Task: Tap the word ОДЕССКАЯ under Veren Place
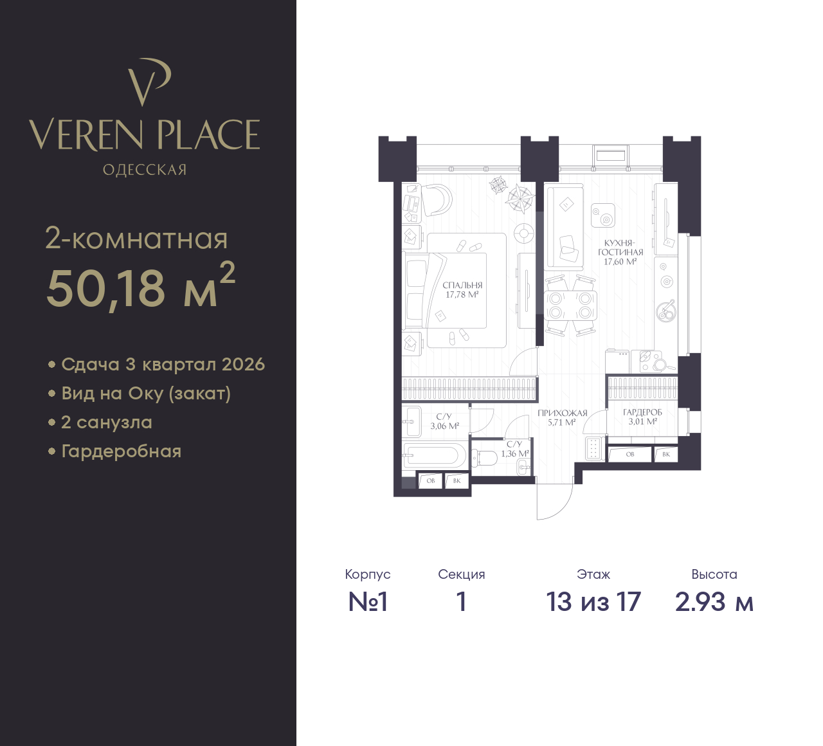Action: click(x=145, y=170)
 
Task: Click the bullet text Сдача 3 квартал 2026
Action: click(x=163, y=365)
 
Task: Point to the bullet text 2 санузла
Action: click(x=107, y=423)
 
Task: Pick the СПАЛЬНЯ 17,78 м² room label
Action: click(x=462, y=289)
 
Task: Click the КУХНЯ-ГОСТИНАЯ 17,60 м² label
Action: click(x=620, y=252)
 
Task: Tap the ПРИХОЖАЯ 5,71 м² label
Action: click(x=562, y=417)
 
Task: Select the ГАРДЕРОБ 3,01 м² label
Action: click(x=642, y=417)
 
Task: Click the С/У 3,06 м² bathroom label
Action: click(x=444, y=421)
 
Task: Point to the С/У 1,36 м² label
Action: click(x=514, y=449)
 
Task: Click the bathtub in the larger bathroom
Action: click(x=435, y=455)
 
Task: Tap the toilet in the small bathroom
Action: click(x=484, y=457)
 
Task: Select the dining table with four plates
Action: click(x=570, y=305)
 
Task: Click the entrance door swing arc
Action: click(x=562, y=507)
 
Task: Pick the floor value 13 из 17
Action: click(x=593, y=602)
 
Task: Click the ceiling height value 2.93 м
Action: click(x=714, y=602)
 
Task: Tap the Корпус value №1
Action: click(x=368, y=602)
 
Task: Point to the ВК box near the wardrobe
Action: click(x=666, y=454)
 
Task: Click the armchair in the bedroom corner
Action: click(x=437, y=199)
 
